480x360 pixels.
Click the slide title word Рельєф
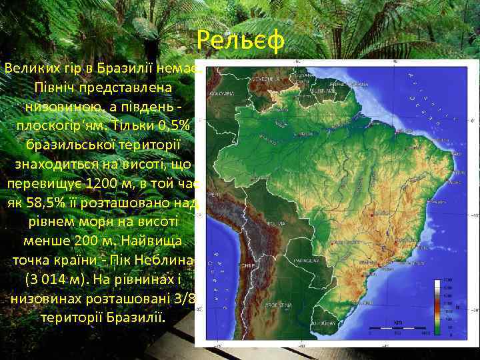pos(241,41)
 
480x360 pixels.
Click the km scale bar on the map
pos(398,326)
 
